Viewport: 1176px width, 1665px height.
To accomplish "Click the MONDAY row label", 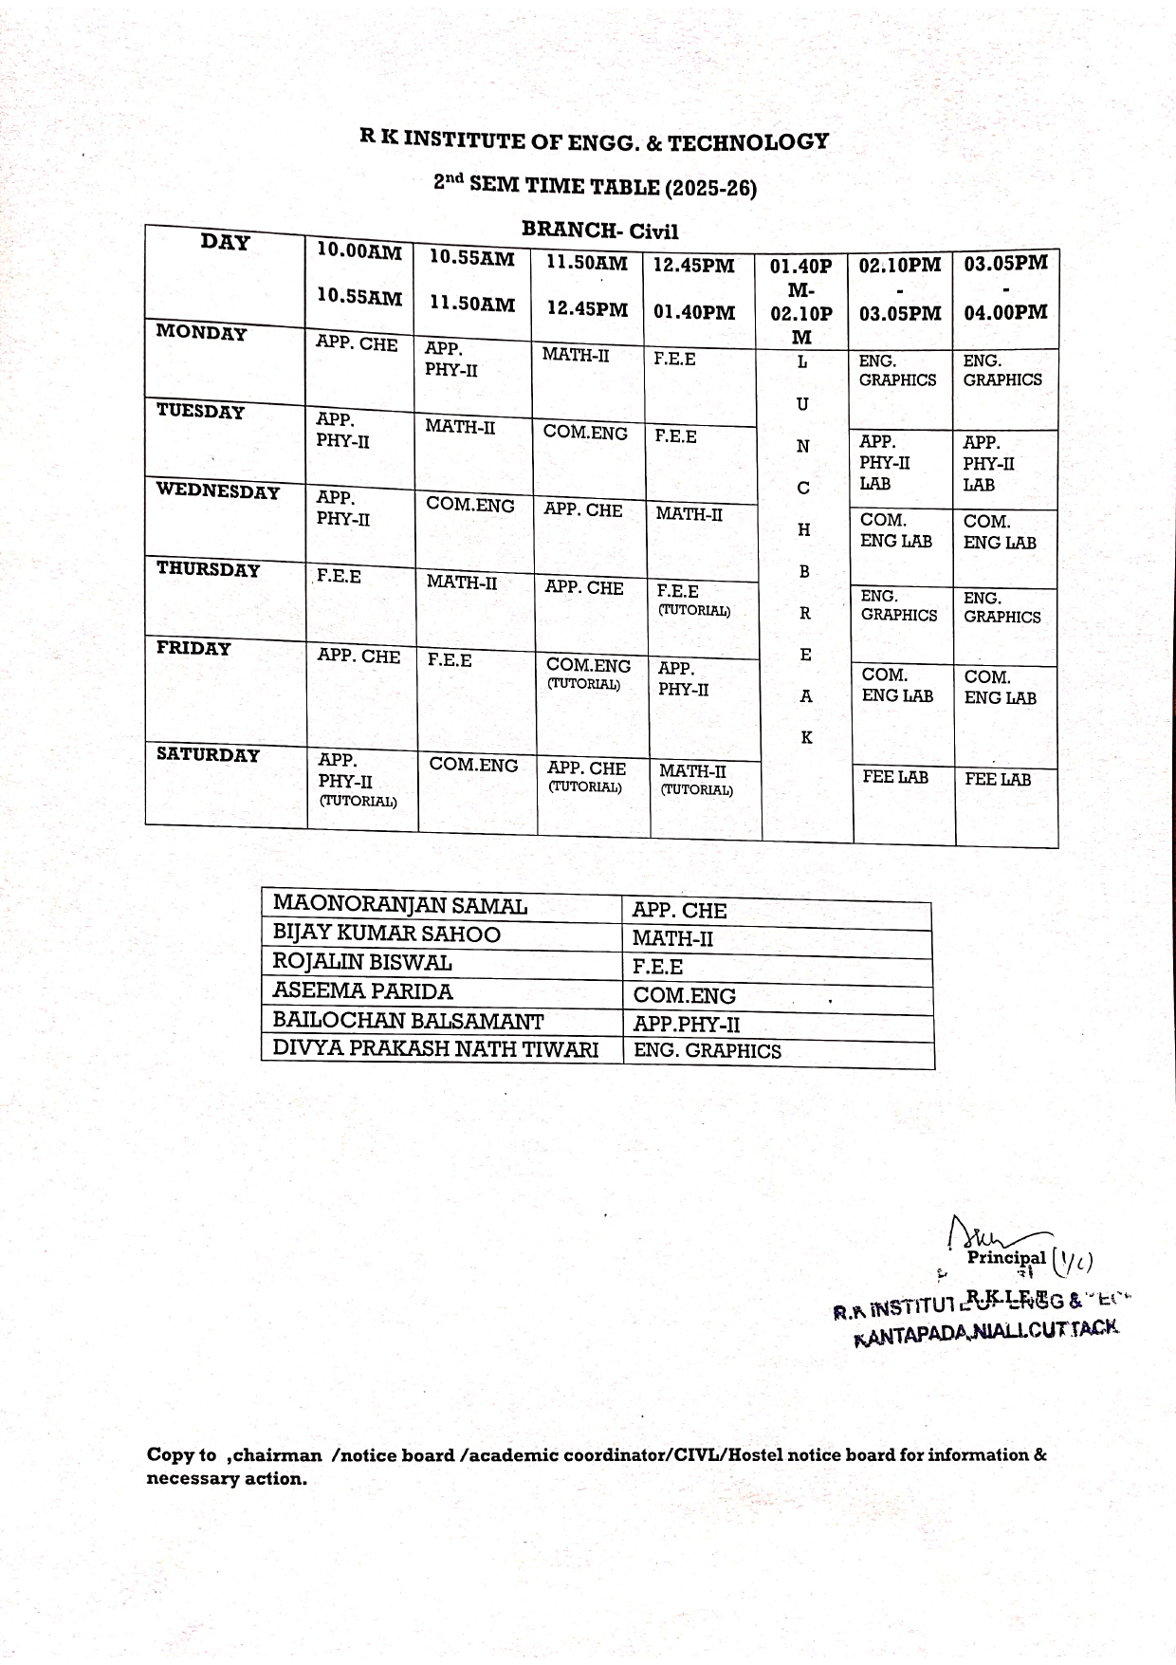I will [201, 333].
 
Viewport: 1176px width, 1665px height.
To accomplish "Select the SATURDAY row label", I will [208, 755].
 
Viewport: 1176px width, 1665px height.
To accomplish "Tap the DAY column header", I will [226, 243].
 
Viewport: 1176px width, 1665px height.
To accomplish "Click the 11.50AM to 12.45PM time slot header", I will [587, 286].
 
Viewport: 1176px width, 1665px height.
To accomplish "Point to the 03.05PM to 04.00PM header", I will [1005, 287].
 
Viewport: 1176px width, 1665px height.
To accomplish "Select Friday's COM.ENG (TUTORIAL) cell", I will [588, 674].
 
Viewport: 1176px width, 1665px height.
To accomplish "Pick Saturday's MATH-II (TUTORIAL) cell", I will [696, 780].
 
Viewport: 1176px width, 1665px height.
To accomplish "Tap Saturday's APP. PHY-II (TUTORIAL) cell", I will [358, 780].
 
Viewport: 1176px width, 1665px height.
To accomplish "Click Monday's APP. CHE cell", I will [357, 344].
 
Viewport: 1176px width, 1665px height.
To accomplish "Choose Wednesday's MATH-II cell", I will [689, 514].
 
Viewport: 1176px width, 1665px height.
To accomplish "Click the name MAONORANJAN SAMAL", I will [399, 905].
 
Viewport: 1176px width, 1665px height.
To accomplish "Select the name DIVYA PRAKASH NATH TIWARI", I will [435, 1048].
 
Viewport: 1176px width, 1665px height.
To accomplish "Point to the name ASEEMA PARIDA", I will [362, 991].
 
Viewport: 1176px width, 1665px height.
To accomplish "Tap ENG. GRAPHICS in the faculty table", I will [707, 1051].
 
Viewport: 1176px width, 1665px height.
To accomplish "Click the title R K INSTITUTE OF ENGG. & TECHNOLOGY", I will [594, 141].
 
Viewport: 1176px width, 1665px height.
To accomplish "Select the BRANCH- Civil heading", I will [599, 231].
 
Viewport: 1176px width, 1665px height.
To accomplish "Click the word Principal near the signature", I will [1006, 1258].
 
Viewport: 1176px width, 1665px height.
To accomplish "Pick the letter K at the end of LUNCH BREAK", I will [806, 737].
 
